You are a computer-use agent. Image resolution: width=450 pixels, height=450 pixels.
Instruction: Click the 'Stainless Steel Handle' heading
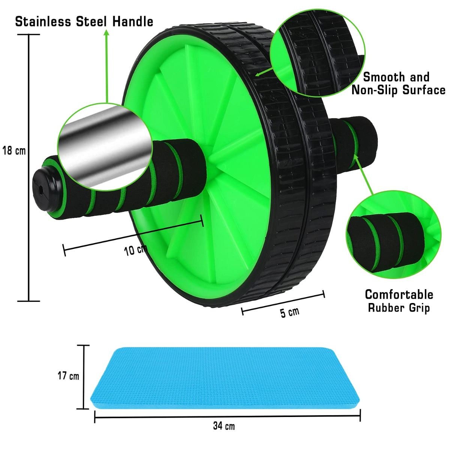(x=84, y=21)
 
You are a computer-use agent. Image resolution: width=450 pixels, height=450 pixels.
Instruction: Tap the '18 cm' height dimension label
(x=14, y=151)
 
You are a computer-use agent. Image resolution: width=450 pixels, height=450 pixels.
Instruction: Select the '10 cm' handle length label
(x=135, y=250)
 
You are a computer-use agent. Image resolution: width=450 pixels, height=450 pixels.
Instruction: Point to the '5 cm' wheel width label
(x=290, y=312)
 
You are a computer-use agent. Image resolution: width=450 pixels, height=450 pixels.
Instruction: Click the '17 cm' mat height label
(x=68, y=376)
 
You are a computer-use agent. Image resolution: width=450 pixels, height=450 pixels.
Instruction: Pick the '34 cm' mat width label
(x=224, y=426)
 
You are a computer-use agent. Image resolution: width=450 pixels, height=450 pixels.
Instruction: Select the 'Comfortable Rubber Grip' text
(x=399, y=301)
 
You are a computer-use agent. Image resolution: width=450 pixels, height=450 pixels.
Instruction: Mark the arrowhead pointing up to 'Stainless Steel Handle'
(x=106, y=33)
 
